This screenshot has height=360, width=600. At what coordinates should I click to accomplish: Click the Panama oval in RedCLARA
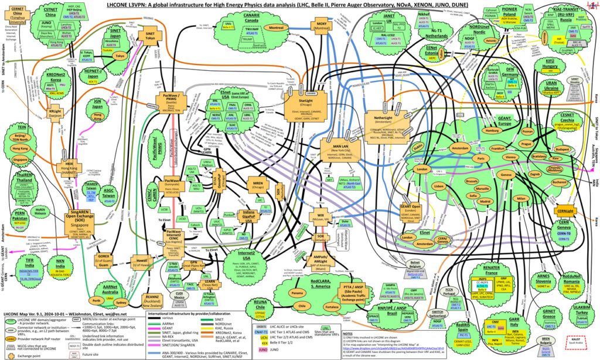click(298, 293)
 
